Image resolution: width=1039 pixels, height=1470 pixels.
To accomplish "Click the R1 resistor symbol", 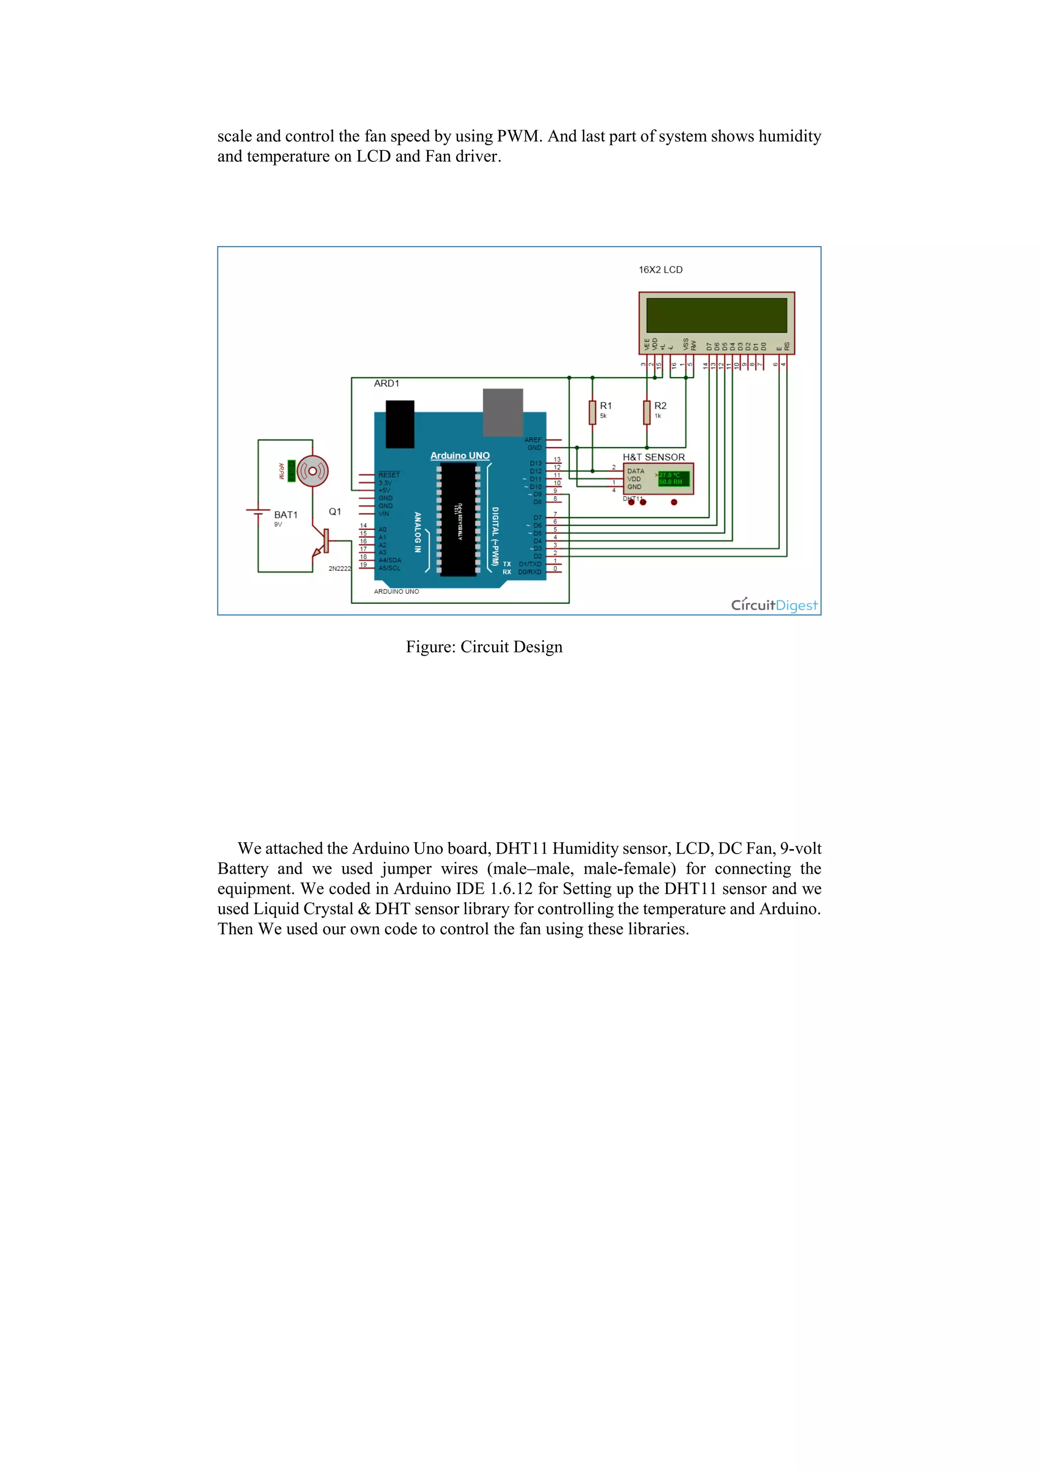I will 592,413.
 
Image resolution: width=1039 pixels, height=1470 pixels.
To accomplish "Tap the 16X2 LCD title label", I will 660,269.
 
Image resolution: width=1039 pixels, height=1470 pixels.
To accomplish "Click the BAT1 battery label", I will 286,515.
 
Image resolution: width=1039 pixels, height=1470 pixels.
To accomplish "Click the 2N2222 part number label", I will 339,568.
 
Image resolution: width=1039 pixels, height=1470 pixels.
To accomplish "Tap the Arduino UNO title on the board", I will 460,456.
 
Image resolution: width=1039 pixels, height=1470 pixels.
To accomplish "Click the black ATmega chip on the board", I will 458,519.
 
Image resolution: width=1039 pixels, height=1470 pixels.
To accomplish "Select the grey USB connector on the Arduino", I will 503,412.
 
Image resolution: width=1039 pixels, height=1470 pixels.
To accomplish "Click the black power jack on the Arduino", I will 400,424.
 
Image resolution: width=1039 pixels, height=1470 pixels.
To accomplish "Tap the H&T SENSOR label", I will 653,457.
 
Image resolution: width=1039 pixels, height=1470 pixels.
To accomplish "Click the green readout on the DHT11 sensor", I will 673,479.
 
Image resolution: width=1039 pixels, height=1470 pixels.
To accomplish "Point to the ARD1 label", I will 386,384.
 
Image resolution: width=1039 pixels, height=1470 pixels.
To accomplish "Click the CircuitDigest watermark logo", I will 774,605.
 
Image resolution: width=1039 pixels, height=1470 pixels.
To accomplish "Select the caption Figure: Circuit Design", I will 484,647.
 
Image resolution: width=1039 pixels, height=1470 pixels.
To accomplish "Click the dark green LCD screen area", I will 716,315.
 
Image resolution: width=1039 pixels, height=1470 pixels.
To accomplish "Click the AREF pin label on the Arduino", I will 533,440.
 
